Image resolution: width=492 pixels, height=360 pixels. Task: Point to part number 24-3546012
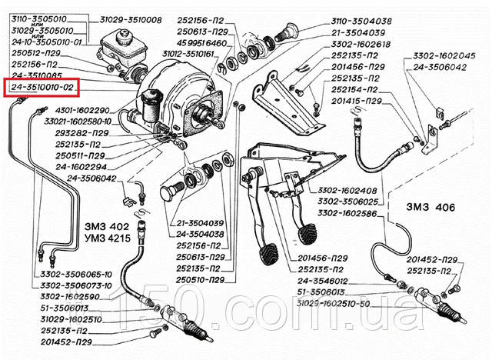(x=323, y=282)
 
